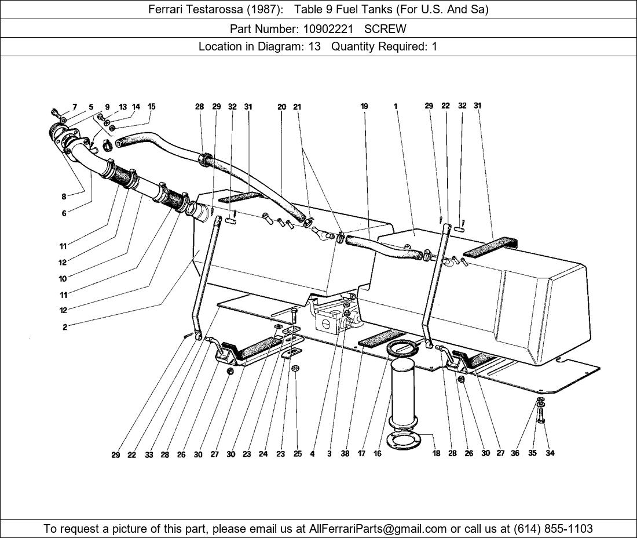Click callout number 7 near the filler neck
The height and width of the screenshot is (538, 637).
point(75,107)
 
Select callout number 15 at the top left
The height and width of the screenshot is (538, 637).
point(151,107)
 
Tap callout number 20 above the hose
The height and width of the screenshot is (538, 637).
point(281,107)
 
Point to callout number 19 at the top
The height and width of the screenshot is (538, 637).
point(364,106)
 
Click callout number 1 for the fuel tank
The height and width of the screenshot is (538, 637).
point(396,106)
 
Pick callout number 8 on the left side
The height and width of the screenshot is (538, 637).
point(64,197)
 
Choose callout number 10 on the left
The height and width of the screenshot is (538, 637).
point(63,279)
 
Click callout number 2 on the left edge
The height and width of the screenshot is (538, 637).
point(65,327)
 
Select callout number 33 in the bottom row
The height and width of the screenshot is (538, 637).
point(149,455)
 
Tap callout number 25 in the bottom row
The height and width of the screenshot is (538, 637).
point(298,454)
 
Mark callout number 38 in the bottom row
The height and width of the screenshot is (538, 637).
point(345,453)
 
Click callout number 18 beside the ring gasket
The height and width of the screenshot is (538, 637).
point(436,453)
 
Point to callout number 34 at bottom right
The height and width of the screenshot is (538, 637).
point(550,453)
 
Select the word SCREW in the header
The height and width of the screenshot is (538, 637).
point(385,29)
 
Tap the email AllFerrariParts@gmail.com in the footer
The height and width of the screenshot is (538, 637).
point(378,529)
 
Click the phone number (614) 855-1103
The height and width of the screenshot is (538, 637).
point(553,529)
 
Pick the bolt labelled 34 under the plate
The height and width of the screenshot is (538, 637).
point(541,415)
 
